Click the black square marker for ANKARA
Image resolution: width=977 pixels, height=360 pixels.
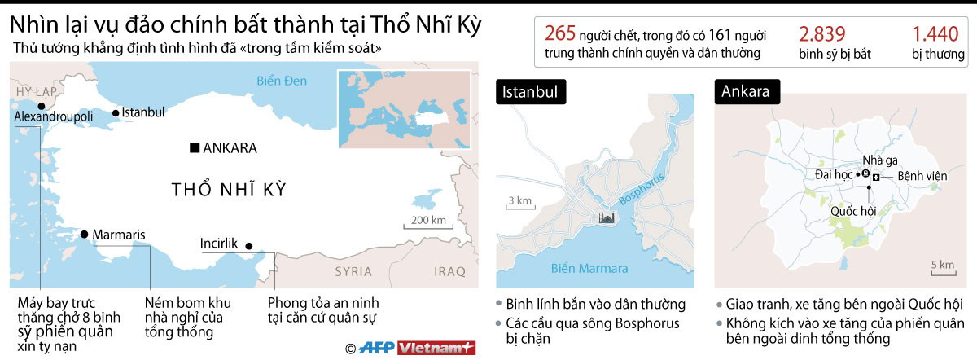click(194, 148)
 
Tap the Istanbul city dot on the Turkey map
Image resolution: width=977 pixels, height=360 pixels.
click(116, 112)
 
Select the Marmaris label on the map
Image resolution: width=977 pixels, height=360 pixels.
click(119, 235)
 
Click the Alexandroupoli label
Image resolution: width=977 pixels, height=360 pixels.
click(55, 117)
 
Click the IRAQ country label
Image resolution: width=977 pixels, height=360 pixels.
click(449, 271)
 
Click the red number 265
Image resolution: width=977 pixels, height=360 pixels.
click(560, 33)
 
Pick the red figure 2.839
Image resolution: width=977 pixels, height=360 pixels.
click(822, 33)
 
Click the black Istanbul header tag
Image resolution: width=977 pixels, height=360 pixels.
click(530, 92)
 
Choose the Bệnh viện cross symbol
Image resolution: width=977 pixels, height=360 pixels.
click(875, 177)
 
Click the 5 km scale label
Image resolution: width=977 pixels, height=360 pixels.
click(942, 265)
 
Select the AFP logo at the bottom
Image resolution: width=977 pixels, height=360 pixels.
click(377, 348)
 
